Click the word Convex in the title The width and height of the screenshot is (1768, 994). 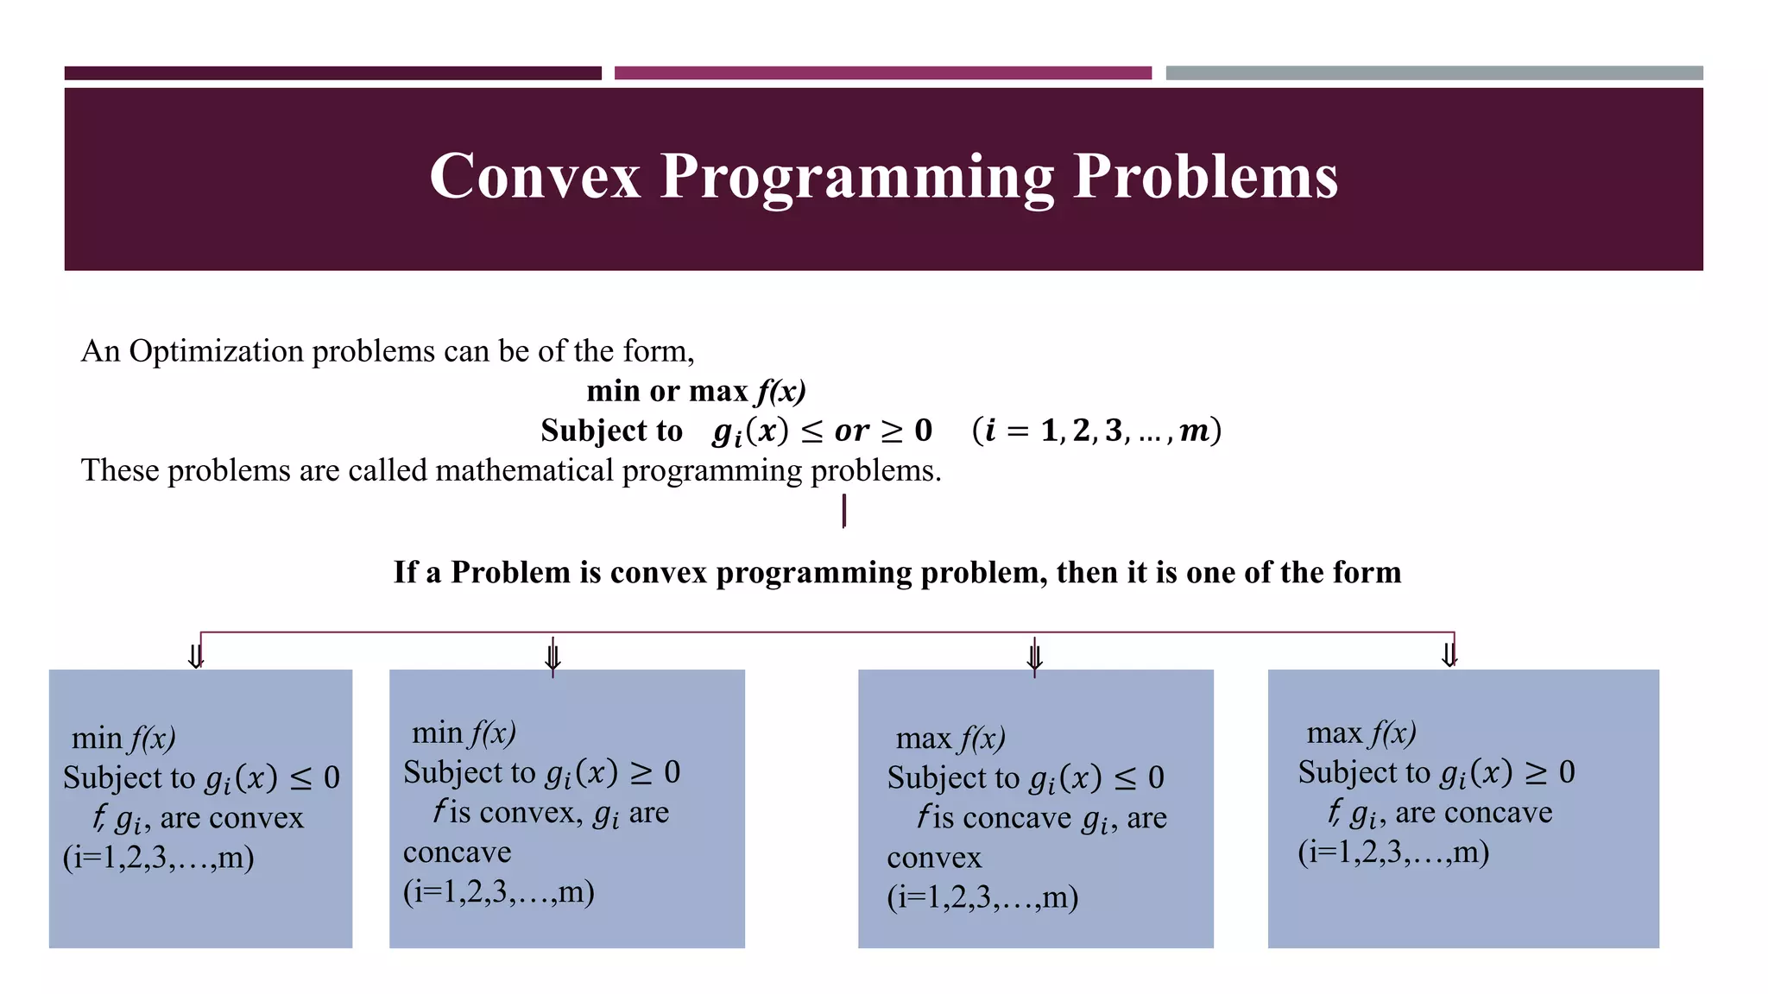click(x=534, y=177)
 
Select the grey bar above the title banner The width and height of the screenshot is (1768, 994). click(x=1434, y=73)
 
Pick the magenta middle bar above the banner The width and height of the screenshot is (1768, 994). click(x=882, y=73)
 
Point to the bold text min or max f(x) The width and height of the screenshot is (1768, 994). click(x=696, y=391)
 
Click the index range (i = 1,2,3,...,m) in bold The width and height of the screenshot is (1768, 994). click(x=1096, y=430)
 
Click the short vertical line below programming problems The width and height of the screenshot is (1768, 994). click(x=843, y=510)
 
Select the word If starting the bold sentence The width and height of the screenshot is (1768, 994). click(x=405, y=572)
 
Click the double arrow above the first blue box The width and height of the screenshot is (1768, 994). click(x=196, y=656)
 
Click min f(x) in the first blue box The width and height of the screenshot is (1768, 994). click(x=123, y=739)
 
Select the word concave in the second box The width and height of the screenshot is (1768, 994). click(x=457, y=852)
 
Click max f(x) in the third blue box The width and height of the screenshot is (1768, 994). click(x=950, y=739)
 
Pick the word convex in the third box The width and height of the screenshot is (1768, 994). click(x=934, y=858)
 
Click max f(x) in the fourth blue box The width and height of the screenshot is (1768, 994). click(x=1361, y=733)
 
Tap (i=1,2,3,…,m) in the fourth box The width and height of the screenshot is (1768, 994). click(x=1393, y=852)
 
